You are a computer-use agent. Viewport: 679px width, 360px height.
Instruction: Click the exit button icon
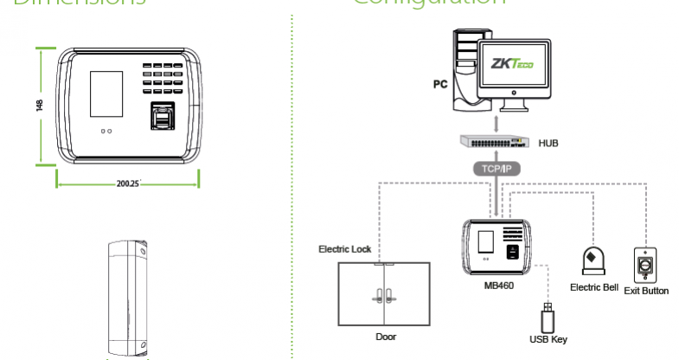646,263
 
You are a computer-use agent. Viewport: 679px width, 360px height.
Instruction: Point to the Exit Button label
646,291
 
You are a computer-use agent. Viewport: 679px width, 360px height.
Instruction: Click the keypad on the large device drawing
163,76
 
